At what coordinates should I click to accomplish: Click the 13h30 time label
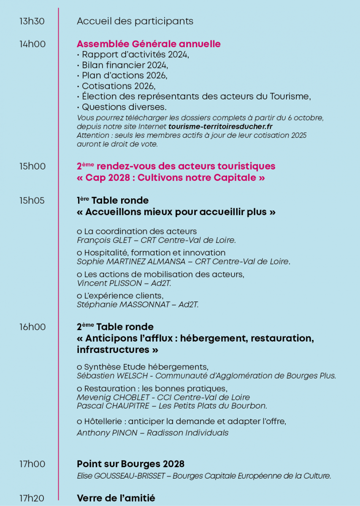(x=32, y=21)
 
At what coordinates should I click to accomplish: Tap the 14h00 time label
(x=32, y=44)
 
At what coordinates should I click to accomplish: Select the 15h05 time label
(x=32, y=200)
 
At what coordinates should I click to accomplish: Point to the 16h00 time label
(x=32, y=327)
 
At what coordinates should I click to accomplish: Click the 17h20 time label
(x=32, y=498)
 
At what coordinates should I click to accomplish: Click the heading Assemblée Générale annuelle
(x=149, y=44)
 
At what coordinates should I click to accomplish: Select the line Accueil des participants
(x=135, y=21)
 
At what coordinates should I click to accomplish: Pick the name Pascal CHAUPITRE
(x=110, y=406)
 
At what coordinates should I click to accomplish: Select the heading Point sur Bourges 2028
(x=130, y=464)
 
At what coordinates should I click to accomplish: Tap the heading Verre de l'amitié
(x=116, y=498)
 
